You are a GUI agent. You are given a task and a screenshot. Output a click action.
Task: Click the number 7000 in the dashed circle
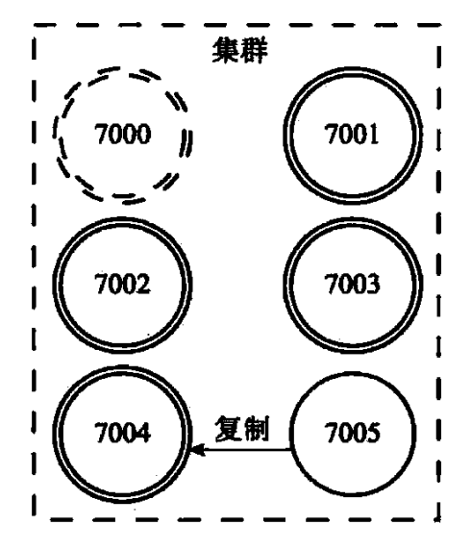[x=123, y=134]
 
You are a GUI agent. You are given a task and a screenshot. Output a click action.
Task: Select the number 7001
[x=352, y=134]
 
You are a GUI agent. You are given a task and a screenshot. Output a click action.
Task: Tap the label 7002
[x=123, y=284]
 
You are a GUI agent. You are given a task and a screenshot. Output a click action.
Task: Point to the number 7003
[x=352, y=284]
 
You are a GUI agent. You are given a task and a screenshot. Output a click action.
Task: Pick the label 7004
[x=123, y=432]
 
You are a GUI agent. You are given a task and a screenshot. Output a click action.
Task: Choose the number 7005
[x=353, y=432]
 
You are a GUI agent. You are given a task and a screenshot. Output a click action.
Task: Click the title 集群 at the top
[x=240, y=50]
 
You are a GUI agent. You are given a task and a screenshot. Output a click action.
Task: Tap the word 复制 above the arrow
[x=242, y=429]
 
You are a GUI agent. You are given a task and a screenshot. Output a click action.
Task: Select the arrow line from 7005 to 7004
[x=240, y=449]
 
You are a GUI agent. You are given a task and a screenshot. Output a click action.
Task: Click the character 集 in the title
[x=226, y=50]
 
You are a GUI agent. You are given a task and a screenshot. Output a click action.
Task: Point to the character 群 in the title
[x=255, y=50]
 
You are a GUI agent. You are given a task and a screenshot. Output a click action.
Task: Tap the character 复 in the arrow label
[x=229, y=429]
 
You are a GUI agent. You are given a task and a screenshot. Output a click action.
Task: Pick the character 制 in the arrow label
[x=257, y=429]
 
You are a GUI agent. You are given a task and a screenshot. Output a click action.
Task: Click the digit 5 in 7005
[x=373, y=433]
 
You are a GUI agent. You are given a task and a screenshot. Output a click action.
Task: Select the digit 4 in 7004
[x=144, y=432]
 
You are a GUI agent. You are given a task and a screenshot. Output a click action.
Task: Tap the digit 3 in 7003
[x=373, y=284]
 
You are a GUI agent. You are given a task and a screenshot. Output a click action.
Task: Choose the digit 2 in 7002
[x=144, y=284]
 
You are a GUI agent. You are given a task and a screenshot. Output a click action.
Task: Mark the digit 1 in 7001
[x=374, y=134]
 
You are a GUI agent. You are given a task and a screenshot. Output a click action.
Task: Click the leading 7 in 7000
[x=102, y=134]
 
